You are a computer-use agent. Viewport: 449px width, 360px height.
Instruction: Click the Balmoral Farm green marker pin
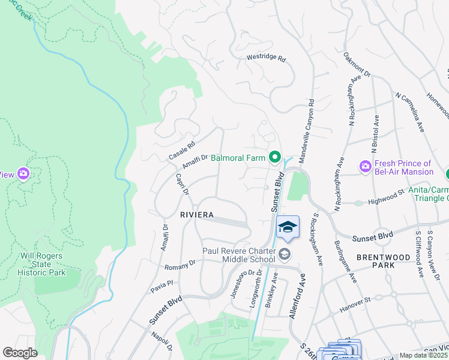coord(275,158)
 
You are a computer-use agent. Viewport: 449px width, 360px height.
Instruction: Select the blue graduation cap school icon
coord(288,227)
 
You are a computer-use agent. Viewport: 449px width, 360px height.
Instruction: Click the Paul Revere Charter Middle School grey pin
coord(284,254)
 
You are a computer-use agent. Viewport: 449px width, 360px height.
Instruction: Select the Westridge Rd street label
coord(266,59)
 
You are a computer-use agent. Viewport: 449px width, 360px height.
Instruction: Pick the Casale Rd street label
coord(182,150)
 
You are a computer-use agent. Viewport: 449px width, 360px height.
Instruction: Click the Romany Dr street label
coord(180,264)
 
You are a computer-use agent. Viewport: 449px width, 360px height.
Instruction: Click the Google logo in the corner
coord(20,353)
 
